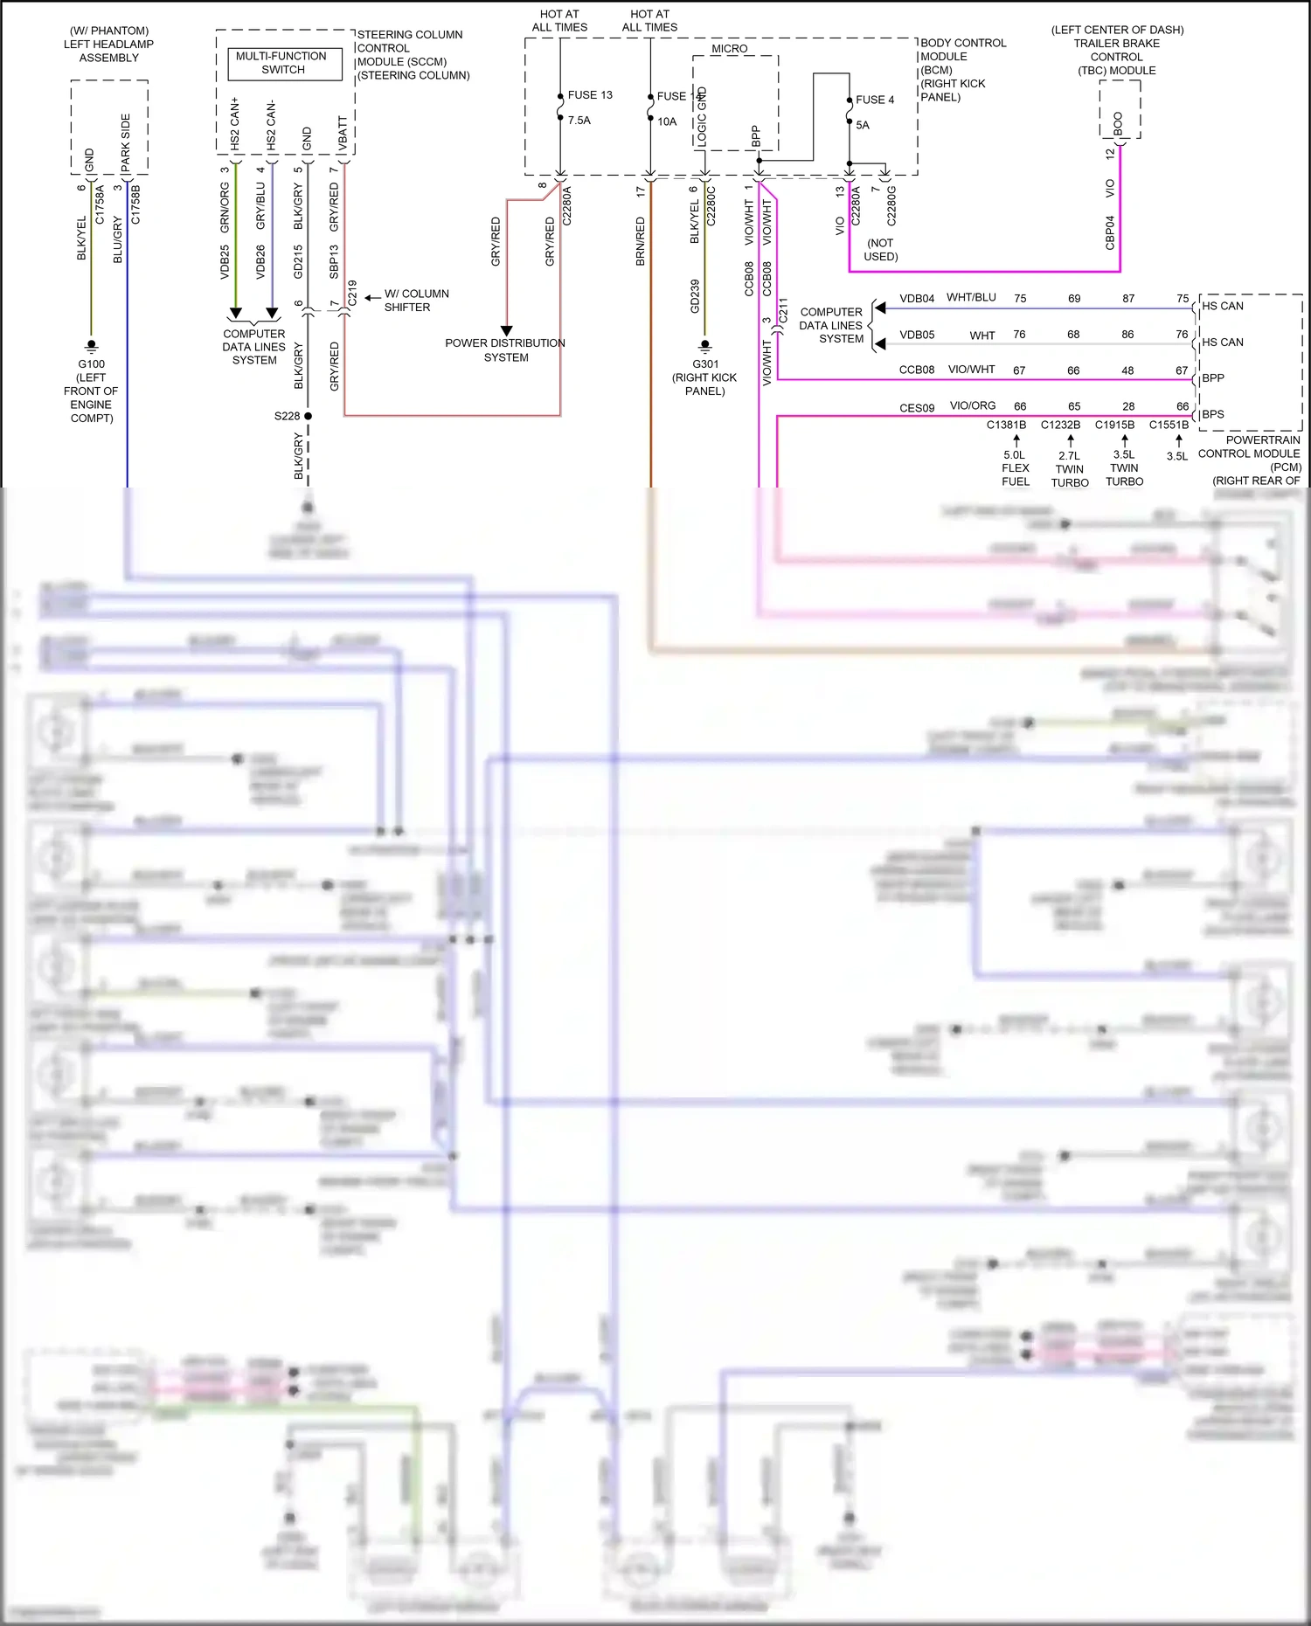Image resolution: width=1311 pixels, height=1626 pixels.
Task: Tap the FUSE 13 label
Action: [590, 95]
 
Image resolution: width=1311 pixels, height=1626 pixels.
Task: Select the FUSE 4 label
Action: [875, 100]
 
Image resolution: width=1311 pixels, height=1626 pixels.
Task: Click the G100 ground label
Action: [91, 364]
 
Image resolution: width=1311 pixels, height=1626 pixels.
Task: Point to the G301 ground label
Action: [705, 364]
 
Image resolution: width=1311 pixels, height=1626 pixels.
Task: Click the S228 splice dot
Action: [309, 416]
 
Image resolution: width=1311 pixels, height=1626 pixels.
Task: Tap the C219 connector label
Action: [352, 292]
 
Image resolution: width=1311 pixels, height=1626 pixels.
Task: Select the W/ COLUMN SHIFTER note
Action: [416, 301]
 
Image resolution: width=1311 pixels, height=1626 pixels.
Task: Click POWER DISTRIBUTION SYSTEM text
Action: [505, 350]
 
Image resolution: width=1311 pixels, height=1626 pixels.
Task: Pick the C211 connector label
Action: [783, 309]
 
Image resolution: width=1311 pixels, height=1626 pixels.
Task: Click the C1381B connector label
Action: [1006, 426]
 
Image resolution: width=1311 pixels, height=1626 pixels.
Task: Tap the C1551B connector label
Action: [1169, 426]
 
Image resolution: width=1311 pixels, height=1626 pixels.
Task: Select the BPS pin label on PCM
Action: [1213, 414]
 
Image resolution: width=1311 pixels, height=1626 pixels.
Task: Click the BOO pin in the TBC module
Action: [1118, 123]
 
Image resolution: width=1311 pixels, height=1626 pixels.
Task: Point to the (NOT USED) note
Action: [880, 250]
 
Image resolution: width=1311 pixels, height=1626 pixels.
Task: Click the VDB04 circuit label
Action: [917, 299]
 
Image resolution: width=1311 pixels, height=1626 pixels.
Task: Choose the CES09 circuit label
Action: [917, 408]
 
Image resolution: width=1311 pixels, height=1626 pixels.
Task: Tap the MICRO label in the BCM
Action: [729, 49]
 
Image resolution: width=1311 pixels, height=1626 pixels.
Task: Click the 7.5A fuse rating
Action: [579, 121]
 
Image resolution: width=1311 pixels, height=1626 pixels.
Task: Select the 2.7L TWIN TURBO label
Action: [1070, 469]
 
